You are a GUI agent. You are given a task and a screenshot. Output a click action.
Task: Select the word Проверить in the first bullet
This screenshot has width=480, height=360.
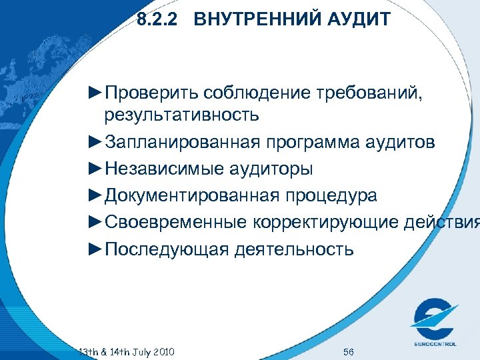tap(153, 91)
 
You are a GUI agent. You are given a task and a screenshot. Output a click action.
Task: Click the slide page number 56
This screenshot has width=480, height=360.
tap(348, 352)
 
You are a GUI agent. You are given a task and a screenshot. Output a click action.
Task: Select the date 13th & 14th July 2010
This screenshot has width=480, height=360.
tap(126, 351)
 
